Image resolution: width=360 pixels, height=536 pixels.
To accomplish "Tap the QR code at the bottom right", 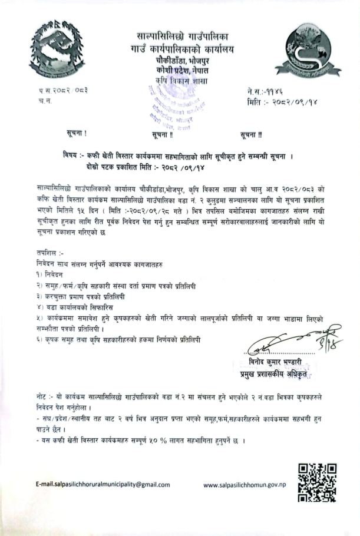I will point(318,481).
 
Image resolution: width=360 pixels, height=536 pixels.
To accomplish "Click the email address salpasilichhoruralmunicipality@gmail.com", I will point(102,485).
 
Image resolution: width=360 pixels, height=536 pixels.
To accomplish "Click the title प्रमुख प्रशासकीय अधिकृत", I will point(276,373).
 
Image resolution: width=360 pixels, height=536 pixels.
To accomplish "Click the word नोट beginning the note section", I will point(42,398).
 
